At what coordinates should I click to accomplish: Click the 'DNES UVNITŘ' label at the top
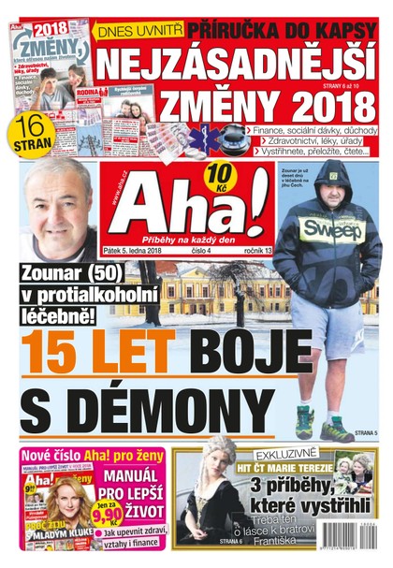pos(140,29)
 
